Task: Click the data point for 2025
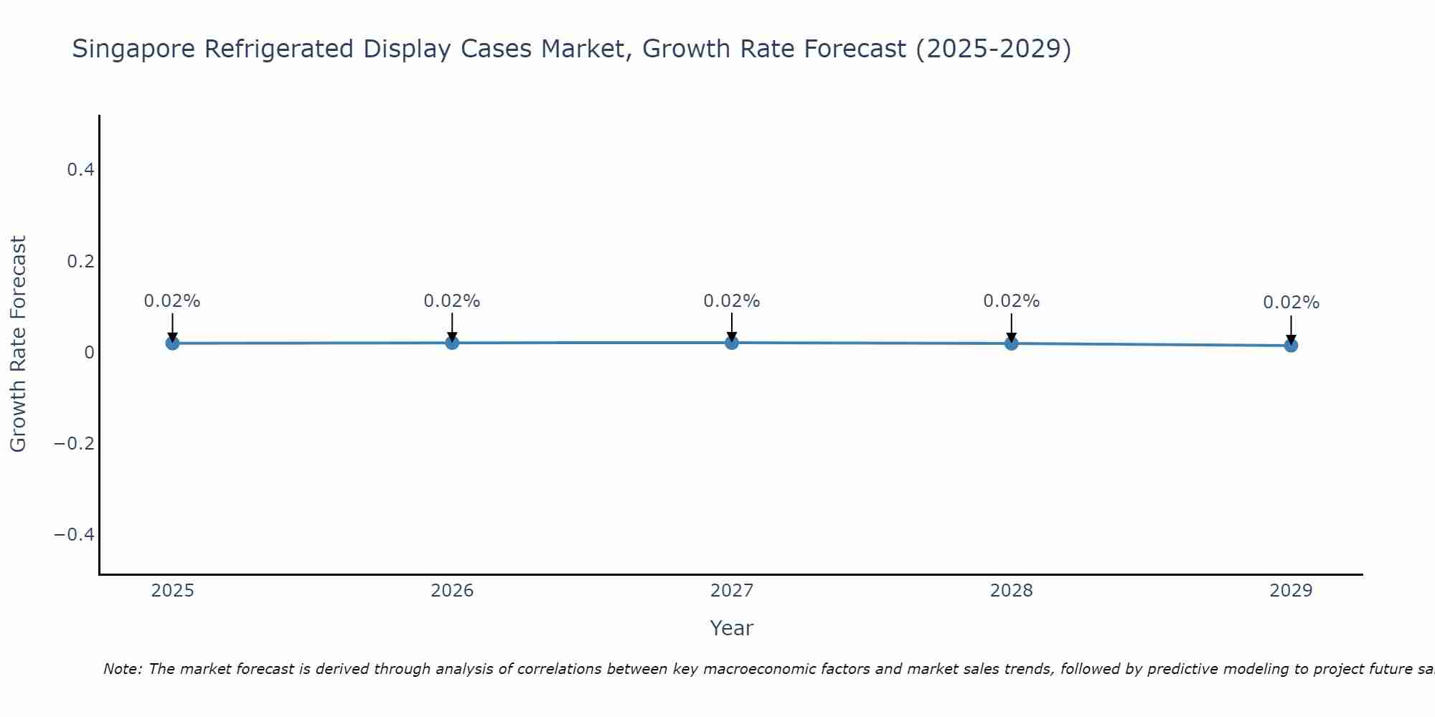tap(172, 343)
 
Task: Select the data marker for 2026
tap(452, 343)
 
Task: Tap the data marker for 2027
tap(732, 343)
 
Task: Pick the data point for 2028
tap(1012, 343)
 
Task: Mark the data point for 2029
tap(1291, 346)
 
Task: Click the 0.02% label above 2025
tap(172, 301)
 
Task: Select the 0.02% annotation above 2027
tap(732, 301)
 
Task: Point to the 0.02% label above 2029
tap(1291, 303)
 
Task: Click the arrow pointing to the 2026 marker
tap(452, 327)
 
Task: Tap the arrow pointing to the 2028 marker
tap(1012, 327)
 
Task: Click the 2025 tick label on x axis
tap(172, 591)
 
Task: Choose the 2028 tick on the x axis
tap(1012, 591)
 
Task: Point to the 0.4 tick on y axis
tap(80, 170)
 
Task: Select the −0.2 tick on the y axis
tap(75, 443)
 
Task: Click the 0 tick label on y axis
tap(89, 352)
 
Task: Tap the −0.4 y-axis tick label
tap(75, 534)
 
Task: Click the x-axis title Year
tap(731, 628)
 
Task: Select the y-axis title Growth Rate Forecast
tap(18, 344)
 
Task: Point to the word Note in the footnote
tap(121, 669)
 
